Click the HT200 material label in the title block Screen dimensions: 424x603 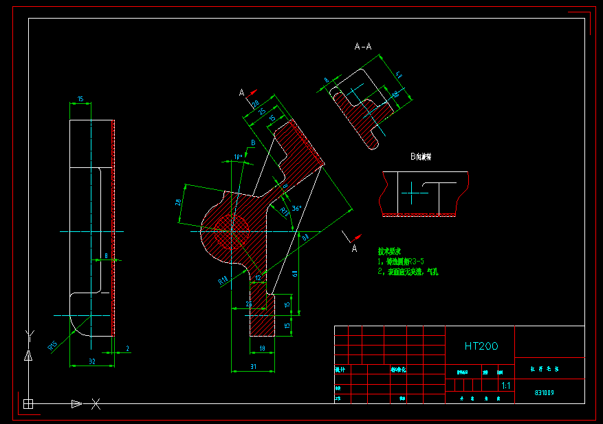point(481,346)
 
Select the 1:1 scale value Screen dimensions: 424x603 point(506,386)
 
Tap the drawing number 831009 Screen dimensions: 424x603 point(544,394)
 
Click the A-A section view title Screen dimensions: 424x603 point(363,46)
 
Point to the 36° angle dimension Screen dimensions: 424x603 point(296,208)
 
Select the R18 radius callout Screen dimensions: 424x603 point(223,281)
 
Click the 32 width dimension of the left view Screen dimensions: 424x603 point(91,361)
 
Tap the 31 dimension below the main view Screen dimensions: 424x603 point(252,366)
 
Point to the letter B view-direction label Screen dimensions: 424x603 point(253,142)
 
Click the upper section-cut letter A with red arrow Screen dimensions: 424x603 point(242,92)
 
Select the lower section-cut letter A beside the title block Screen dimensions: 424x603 point(355,248)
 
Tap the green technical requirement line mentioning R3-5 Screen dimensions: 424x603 point(400,262)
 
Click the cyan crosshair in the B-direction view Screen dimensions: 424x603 point(411,193)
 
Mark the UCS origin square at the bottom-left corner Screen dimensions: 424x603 point(28,403)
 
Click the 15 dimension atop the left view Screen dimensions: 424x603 point(80,99)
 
